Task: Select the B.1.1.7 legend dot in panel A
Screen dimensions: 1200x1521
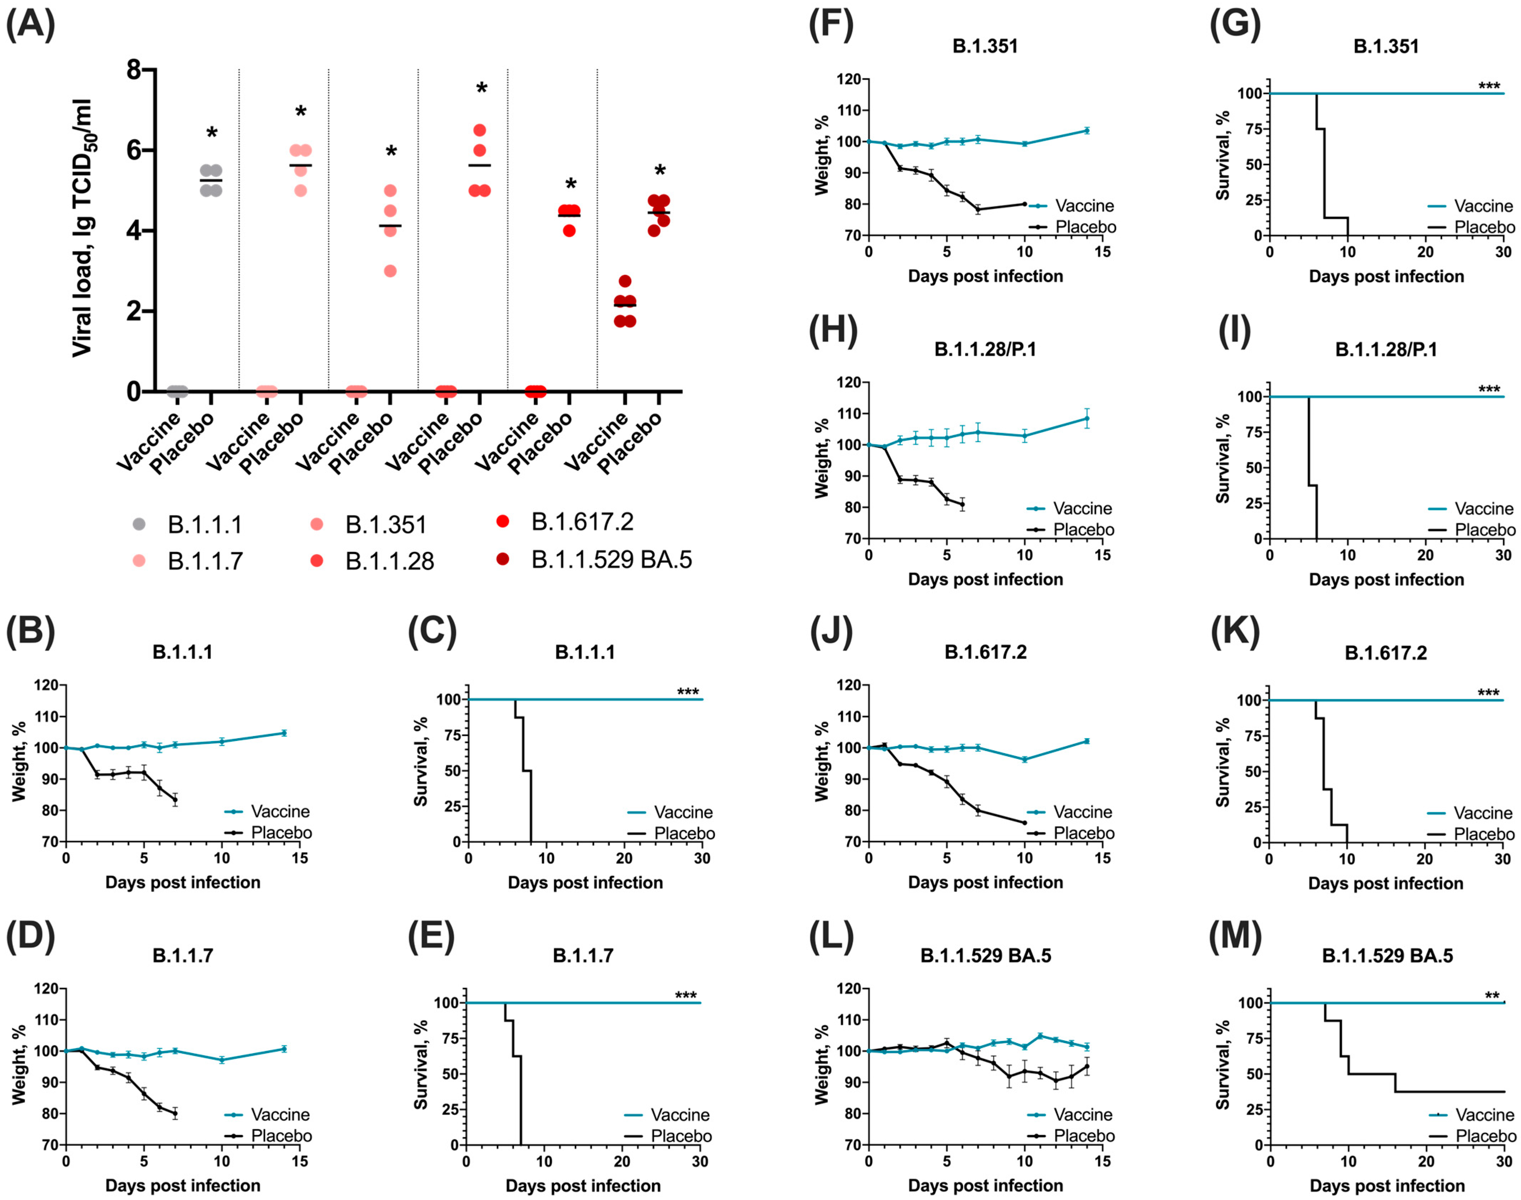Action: point(139,561)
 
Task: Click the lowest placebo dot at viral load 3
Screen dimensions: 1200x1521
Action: point(391,271)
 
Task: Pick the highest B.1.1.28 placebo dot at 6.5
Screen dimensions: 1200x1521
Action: point(480,130)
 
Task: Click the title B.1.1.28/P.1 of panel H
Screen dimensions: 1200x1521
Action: point(985,349)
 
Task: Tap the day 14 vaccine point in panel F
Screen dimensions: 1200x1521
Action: point(1087,131)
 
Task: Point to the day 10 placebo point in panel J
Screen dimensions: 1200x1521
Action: point(1024,823)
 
